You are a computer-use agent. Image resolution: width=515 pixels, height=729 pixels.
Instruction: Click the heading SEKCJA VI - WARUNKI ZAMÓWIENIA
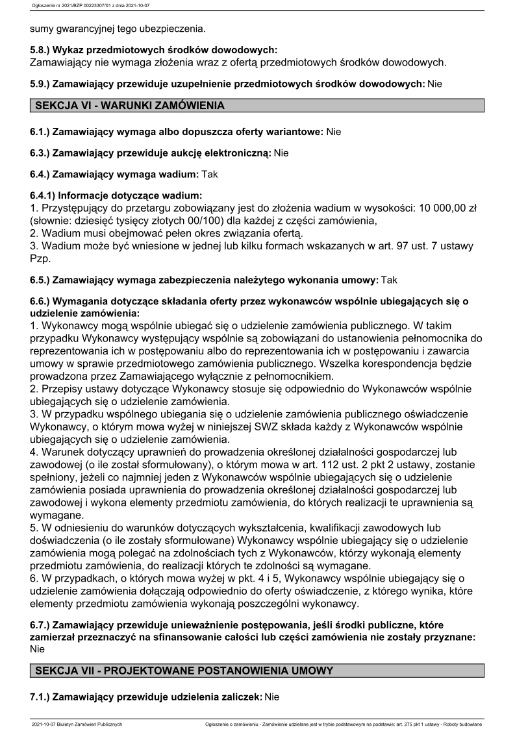(x=129, y=105)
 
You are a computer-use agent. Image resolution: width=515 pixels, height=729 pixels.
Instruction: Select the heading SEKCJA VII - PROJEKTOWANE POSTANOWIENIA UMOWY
(x=184, y=671)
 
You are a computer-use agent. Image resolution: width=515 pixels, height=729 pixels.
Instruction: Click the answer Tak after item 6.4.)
(x=210, y=174)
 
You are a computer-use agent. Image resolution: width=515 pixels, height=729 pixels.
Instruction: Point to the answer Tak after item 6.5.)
(x=389, y=280)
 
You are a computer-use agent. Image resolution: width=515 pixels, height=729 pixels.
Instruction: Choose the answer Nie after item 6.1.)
(x=334, y=132)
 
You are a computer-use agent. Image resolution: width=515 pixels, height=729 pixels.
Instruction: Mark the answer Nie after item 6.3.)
(x=281, y=153)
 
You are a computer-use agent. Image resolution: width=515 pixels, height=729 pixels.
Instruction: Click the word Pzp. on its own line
(x=40, y=258)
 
